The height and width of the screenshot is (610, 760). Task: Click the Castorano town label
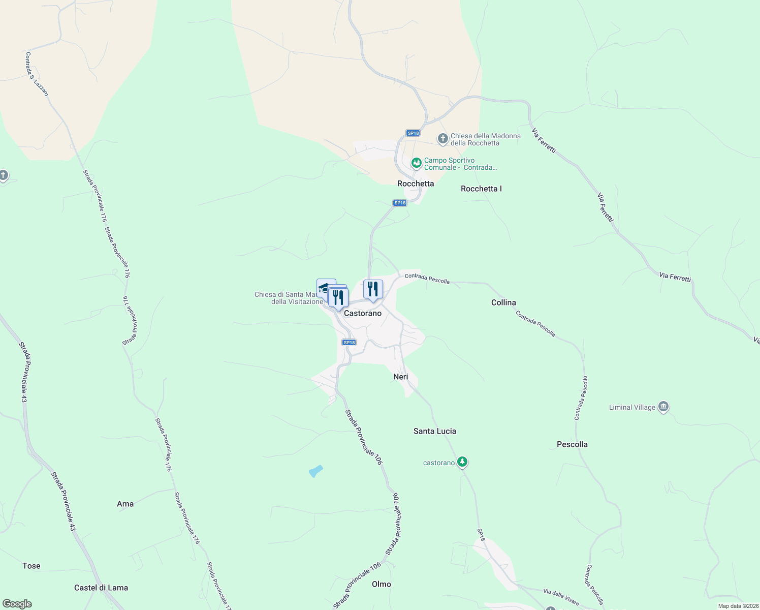(362, 313)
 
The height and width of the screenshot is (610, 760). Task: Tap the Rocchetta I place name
(481, 189)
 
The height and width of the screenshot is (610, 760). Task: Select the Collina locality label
(503, 302)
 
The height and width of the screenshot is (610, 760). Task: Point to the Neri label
(400, 377)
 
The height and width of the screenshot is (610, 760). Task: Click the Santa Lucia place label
(434, 431)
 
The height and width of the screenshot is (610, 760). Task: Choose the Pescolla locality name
(572, 444)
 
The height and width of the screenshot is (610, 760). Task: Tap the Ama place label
(125, 504)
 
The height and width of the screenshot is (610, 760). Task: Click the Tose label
(31, 566)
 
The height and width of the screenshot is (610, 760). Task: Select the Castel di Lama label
(101, 588)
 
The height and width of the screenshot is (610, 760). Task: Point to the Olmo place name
(381, 584)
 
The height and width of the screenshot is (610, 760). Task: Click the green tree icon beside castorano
(462, 462)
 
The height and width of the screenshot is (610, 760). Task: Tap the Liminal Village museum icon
(663, 407)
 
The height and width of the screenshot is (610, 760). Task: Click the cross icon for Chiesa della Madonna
(443, 138)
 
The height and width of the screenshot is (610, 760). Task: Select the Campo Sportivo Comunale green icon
(417, 163)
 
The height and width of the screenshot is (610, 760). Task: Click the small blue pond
(315, 471)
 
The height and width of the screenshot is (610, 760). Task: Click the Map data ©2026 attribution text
(738, 606)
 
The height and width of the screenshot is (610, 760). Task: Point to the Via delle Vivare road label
(561, 597)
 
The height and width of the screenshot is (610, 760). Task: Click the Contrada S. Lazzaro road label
(37, 74)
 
